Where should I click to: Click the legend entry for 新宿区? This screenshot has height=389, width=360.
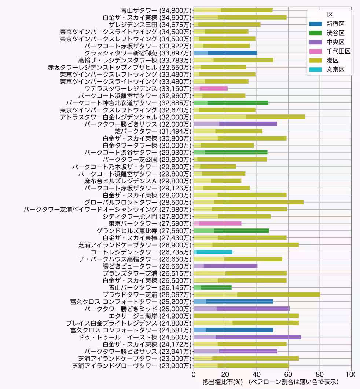(335, 24)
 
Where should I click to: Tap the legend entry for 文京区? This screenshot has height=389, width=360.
(335, 69)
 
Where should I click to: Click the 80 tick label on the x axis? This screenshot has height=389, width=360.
(319, 374)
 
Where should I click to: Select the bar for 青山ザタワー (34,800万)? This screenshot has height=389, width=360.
(233, 10)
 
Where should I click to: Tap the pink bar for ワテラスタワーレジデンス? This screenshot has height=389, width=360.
(210, 88)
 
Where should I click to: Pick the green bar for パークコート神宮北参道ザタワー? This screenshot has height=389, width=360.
(231, 102)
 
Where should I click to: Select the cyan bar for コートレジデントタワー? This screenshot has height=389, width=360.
(213, 252)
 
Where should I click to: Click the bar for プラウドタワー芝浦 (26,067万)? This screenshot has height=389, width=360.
(257, 294)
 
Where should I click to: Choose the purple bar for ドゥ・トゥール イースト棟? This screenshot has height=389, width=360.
(247, 337)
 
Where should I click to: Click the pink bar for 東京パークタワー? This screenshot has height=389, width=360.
(217, 223)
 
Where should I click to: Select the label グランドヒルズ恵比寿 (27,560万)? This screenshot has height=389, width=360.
(144, 230)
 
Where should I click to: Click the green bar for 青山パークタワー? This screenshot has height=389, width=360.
(212, 287)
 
